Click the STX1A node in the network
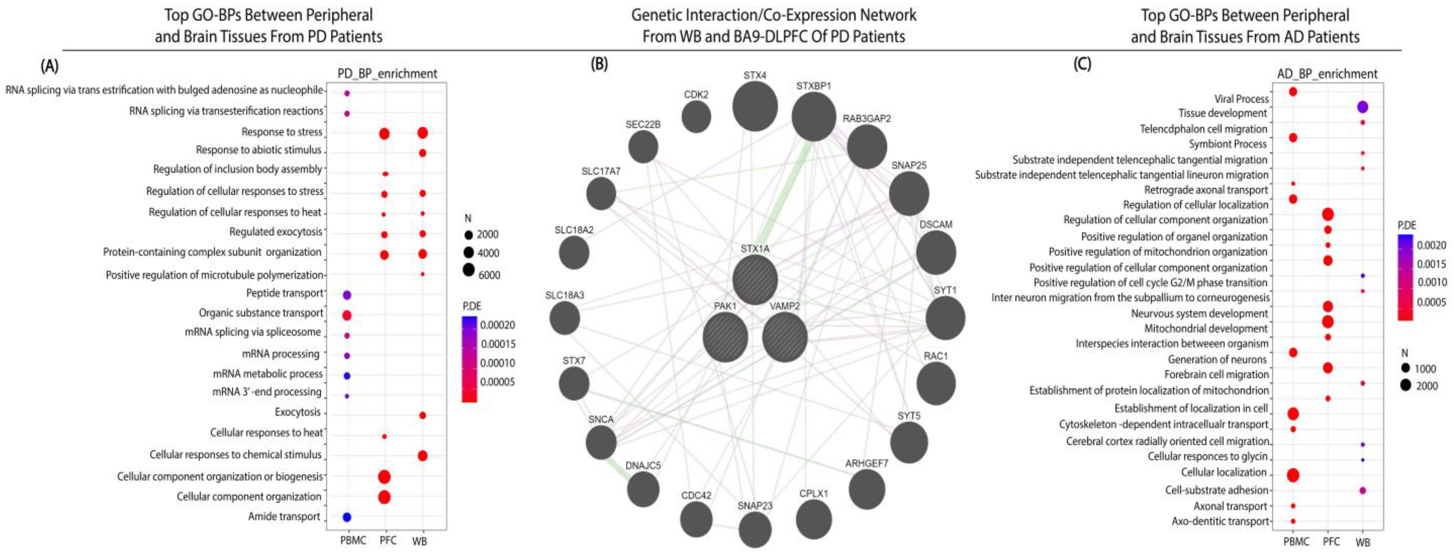click(755, 280)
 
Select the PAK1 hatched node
click(725, 337)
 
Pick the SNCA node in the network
click(601, 442)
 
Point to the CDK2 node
click(696, 117)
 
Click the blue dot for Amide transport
click(347, 517)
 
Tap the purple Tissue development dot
click(1362, 107)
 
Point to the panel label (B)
click(599, 64)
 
